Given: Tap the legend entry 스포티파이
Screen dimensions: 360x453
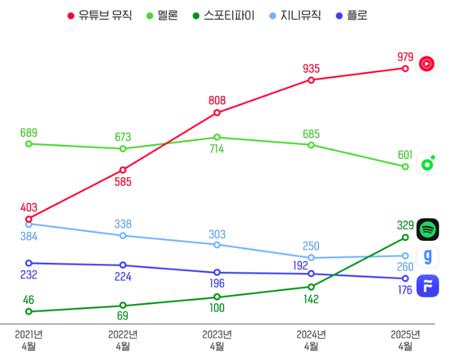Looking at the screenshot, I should click(223, 15).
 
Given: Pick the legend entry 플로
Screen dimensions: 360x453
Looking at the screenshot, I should click(351, 15).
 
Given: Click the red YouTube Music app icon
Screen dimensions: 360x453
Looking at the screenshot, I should click(427, 63).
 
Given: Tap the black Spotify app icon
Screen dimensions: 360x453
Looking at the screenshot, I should click(427, 229).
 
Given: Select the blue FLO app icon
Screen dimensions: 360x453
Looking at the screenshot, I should click(427, 285).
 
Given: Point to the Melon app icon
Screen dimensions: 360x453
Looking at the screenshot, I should click(427, 164).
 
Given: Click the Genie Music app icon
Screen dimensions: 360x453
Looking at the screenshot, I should click(427, 257).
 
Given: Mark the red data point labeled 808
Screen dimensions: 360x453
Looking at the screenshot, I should click(217, 113).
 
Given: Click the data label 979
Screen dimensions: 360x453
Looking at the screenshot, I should click(405, 57).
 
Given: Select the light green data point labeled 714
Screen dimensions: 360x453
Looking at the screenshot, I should click(217, 137).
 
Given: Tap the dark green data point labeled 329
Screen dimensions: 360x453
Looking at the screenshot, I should click(405, 237).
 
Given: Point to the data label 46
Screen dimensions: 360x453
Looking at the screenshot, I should click(28, 299).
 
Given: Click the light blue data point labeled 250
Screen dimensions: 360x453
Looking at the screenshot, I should click(311, 258).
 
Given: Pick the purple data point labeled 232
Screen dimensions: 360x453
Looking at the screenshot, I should click(28, 263).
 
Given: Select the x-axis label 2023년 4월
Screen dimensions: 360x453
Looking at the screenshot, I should click(217, 340).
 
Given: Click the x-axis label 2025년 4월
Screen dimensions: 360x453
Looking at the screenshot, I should click(405, 340).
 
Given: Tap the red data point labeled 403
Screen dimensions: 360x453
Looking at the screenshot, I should click(28, 219).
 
